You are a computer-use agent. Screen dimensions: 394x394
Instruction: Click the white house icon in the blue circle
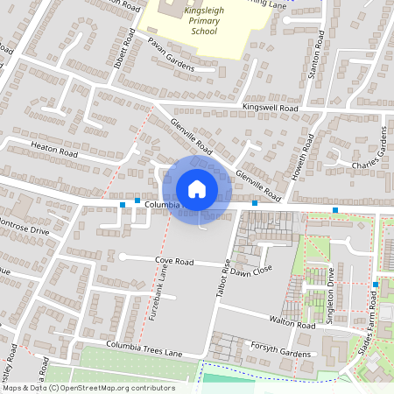pos(197,189)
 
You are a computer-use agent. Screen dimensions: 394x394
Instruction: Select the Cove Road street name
pos(173,261)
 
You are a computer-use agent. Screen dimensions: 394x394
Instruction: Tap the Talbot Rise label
pos(223,281)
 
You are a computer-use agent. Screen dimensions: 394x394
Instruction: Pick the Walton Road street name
pos(292,324)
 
